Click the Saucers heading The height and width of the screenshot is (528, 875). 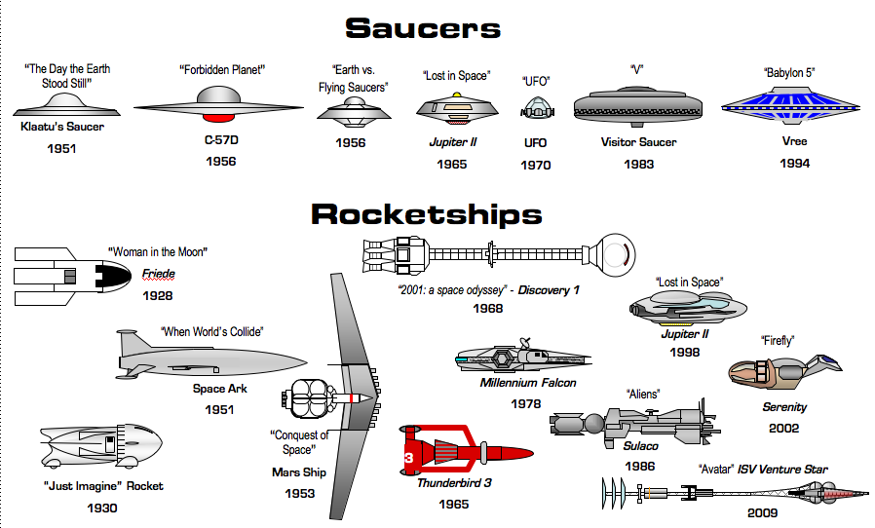click(422, 28)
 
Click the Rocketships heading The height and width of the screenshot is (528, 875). click(426, 213)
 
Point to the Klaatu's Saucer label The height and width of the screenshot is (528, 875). click(62, 127)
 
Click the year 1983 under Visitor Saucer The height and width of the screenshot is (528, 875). click(639, 165)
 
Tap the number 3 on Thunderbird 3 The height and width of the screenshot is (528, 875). click(409, 456)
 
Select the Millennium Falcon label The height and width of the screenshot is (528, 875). click(528, 383)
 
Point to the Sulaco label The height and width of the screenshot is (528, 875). click(641, 446)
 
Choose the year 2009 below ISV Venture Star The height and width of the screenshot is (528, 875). click(762, 512)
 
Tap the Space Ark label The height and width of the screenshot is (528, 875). click(219, 389)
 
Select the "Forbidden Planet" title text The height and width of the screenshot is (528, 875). click(223, 70)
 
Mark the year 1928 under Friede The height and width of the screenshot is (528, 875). click(158, 294)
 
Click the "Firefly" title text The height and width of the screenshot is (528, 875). click(778, 340)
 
